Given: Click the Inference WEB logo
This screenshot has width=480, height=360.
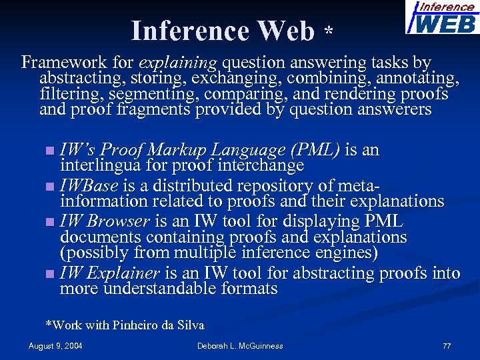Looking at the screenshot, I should (x=441, y=18).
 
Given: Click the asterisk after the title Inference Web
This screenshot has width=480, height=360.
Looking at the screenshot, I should (x=328, y=32).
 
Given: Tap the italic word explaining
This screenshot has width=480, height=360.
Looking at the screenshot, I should (x=177, y=63).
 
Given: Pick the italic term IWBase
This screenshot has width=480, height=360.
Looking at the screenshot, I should (x=89, y=185).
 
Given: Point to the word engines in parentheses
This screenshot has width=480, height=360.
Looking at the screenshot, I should (x=341, y=253).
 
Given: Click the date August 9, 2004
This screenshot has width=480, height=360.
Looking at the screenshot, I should (x=56, y=346).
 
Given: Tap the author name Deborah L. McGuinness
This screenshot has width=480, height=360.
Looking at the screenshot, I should (x=240, y=346).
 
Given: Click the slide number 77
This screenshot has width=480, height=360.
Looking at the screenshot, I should (x=447, y=346).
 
